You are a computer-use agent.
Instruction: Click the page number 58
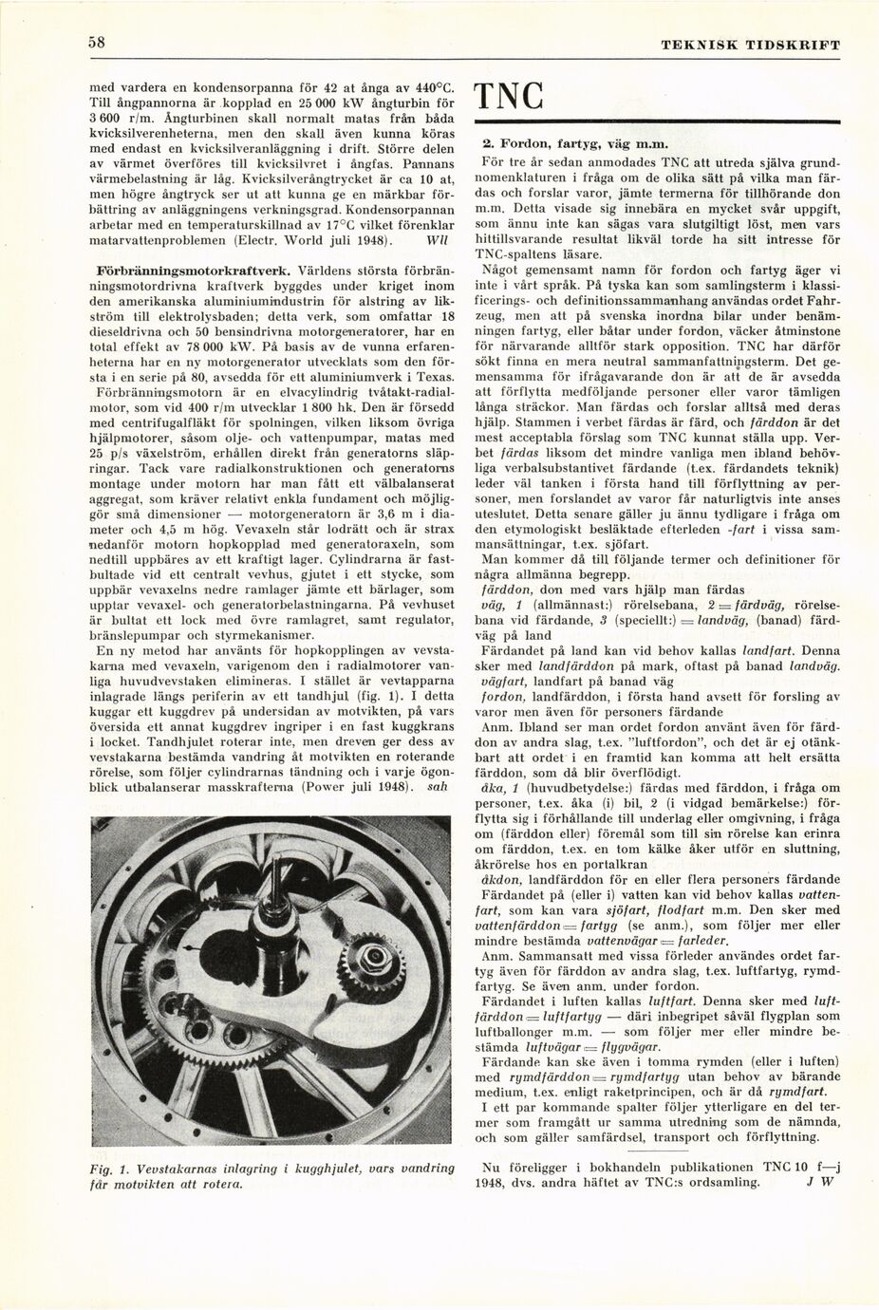coord(97,43)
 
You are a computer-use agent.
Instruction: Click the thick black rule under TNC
coord(656,122)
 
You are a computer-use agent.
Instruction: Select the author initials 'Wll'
coord(438,240)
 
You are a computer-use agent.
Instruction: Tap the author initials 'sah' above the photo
coord(438,787)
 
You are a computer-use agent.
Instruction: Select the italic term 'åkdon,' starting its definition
coord(504,879)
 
